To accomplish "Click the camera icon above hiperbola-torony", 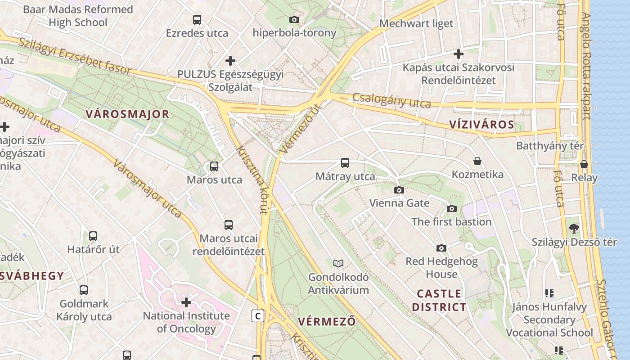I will (x=294, y=19).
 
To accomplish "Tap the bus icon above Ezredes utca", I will (x=197, y=20).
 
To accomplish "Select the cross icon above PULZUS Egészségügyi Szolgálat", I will (x=230, y=60).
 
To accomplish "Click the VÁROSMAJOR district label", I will (x=127, y=114).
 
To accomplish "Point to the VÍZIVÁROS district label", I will (x=481, y=125).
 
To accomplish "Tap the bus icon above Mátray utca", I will (x=345, y=163).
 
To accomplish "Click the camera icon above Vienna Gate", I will (x=399, y=190).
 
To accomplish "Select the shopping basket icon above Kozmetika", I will (x=477, y=161).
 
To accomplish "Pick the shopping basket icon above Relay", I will (x=584, y=164).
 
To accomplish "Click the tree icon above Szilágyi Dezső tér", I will (x=574, y=228).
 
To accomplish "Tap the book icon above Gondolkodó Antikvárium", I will (x=338, y=263).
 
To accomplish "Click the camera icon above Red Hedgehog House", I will (x=441, y=248).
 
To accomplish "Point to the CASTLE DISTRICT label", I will (x=439, y=301).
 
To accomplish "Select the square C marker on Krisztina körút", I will (x=258, y=316).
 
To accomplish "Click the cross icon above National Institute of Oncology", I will (x=186, y=302).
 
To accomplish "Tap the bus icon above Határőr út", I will (x=93, y=236).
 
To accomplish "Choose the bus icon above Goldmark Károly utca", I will (x=84, y=290).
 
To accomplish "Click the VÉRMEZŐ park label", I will (x=327, y=322).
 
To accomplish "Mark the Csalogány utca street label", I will (x=391, y=100).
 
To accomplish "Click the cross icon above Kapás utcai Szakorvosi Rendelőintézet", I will (x=459, y=54).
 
